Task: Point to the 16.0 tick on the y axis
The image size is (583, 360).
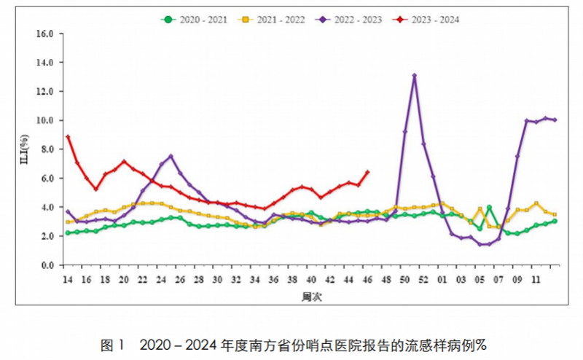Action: pos(45,34)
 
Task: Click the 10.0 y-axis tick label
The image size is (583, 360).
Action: pos(45,120)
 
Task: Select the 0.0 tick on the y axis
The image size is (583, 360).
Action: pos(47,265)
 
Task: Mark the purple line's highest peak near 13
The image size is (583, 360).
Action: pos(414,76)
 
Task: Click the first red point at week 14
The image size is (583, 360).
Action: pos(68,137)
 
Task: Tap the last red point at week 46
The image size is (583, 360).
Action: pos(367,173)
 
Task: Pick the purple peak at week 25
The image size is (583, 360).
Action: pos(171,156)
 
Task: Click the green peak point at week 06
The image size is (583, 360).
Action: pos(489,208)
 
